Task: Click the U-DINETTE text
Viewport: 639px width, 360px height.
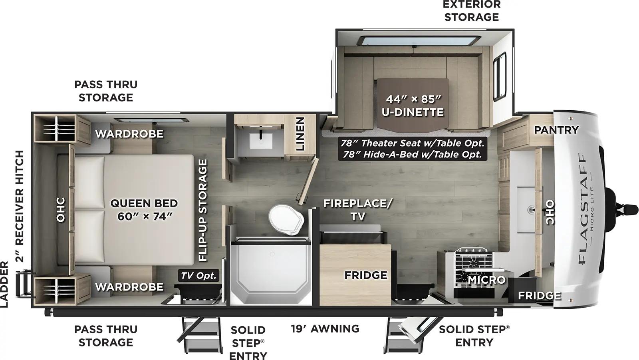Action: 413,112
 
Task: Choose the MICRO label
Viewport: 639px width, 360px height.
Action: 486,280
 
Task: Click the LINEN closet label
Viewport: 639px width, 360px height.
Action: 300,134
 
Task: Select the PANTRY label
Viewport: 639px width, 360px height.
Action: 556,130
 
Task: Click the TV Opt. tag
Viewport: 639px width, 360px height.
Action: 198,275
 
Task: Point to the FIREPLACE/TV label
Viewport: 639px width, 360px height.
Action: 357,210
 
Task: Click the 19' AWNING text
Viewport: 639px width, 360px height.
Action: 325,329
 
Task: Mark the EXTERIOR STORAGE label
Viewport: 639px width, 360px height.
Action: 472,11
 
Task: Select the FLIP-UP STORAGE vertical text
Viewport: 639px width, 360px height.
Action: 203,210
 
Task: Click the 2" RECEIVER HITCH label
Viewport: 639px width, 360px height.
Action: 20,206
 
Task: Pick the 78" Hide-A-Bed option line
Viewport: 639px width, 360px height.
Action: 412,155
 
